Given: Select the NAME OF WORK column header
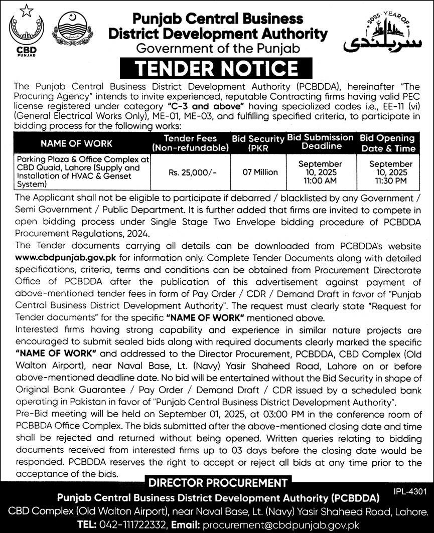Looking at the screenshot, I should (x=77, y=143).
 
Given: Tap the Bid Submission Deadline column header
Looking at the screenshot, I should (x=320, y=142).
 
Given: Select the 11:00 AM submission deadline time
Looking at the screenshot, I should (x=320, y=180).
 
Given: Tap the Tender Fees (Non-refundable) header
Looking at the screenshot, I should (x=191, y=143).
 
